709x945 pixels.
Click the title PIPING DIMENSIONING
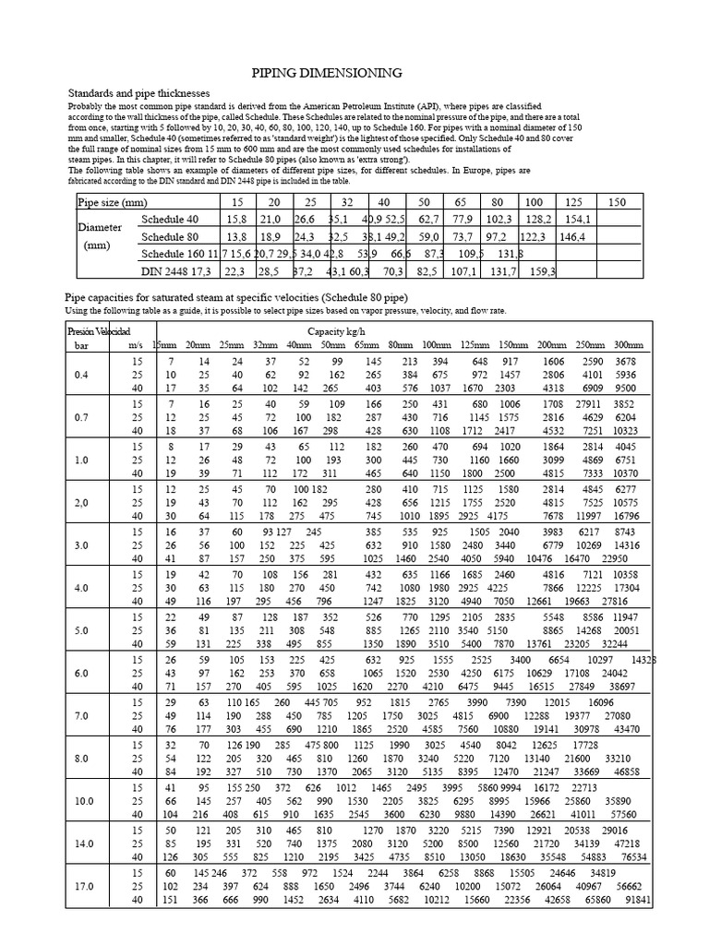[327, 73]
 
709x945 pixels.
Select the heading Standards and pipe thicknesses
[139, 94]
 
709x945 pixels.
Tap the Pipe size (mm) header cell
[113, 201]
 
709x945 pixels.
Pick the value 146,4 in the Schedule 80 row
[572, 236]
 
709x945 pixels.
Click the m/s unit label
[137, 344]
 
